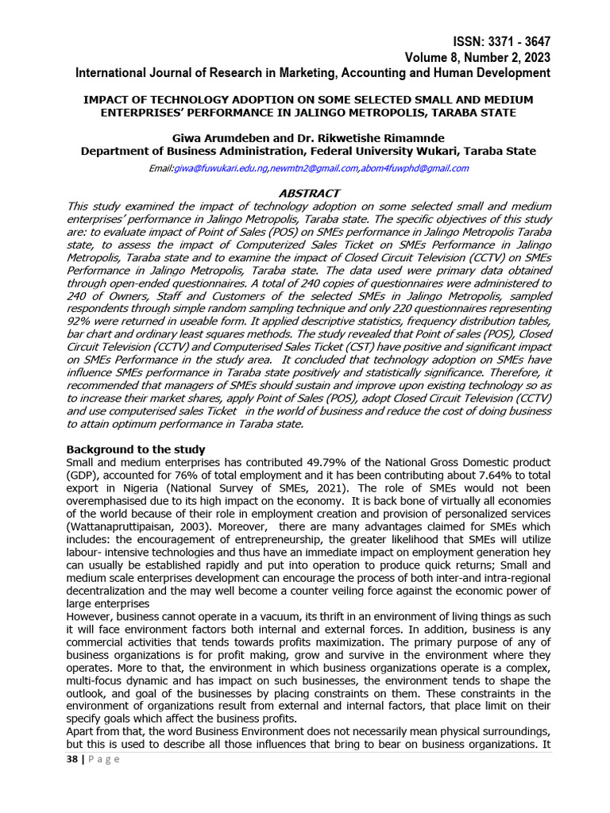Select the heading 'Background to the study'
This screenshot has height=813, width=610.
(135, 449)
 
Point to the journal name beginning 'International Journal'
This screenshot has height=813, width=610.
(312, 72)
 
